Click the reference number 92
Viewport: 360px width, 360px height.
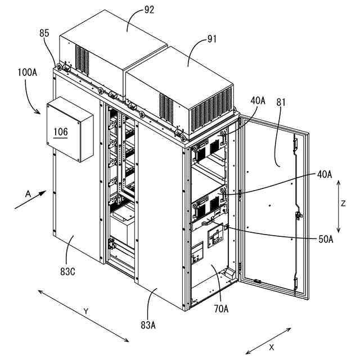click(x=133, y=8)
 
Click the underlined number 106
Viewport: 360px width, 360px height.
click(x=61, y=132)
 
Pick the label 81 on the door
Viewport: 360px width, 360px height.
click(x=281, y=102)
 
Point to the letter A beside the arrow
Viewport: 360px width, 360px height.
click(x=28, y=192)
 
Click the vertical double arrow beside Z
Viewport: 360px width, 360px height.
click(x=337, y=206)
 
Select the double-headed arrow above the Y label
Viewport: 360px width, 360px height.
click(x=84, y=316)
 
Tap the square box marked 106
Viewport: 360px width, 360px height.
click(x=70, y=129)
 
